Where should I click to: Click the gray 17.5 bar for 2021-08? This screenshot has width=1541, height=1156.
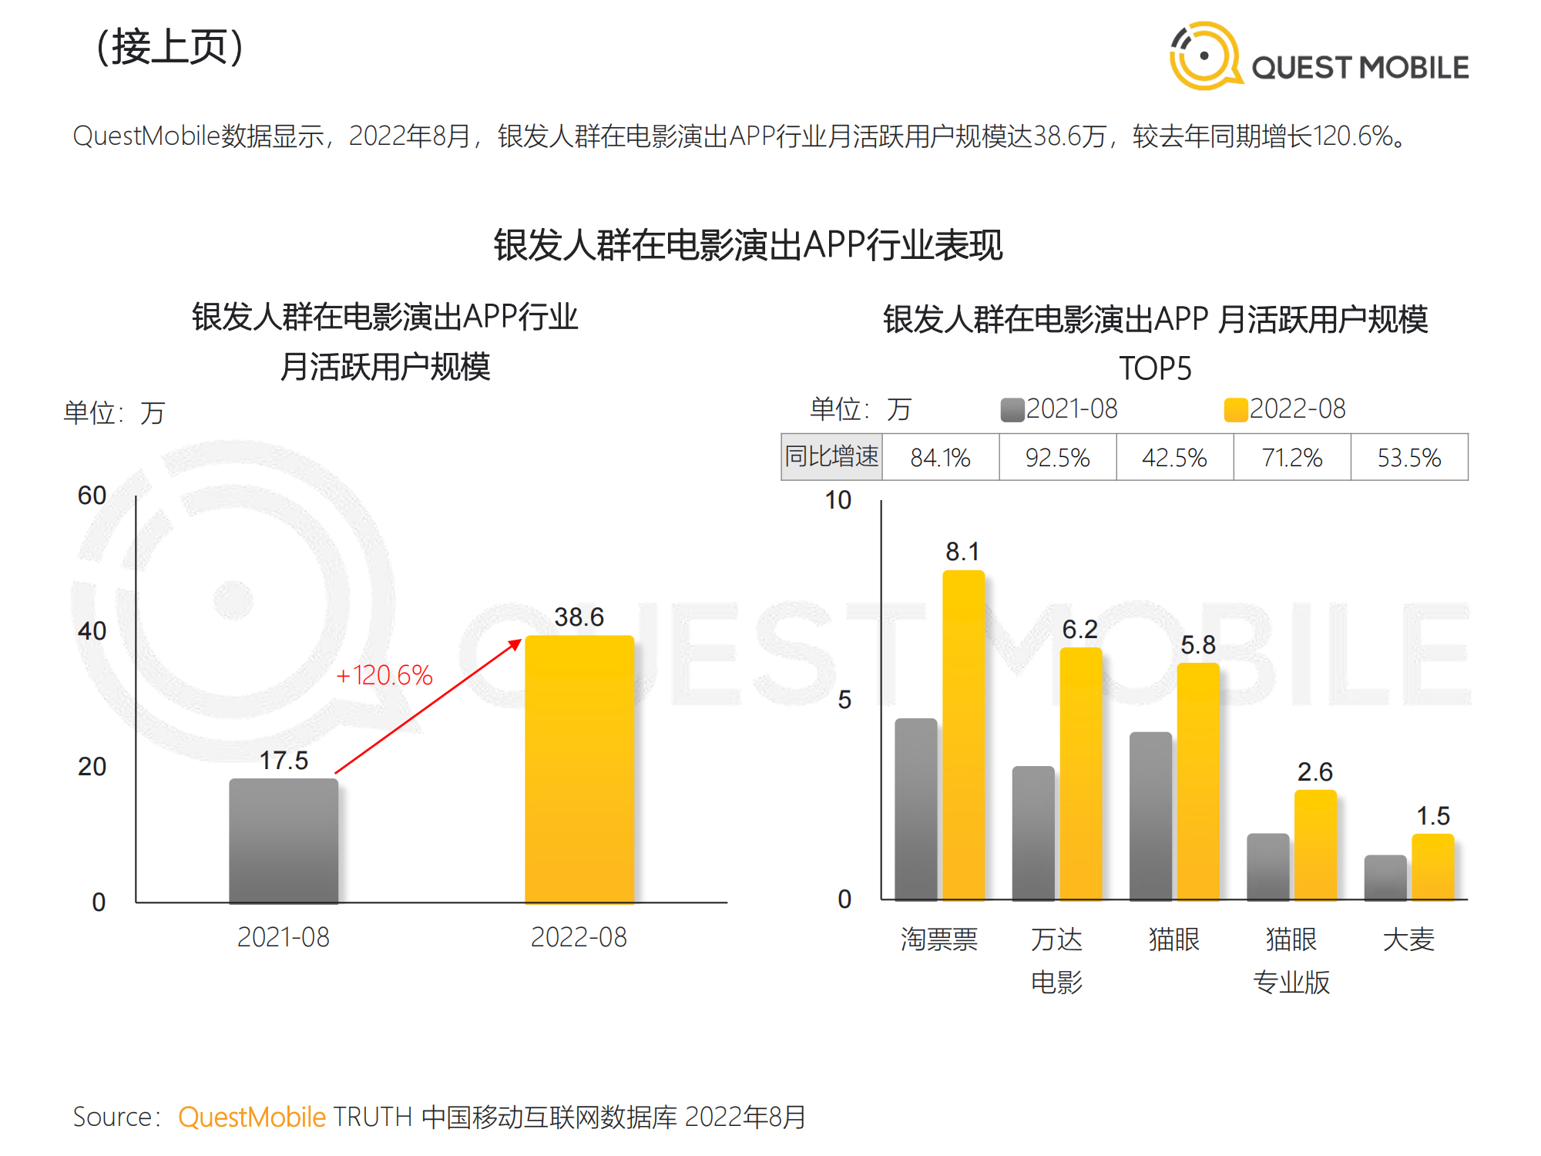pyautogui.click(x=284, y=840)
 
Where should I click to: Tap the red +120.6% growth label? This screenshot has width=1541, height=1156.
pyautogui.click(x=384, y=676)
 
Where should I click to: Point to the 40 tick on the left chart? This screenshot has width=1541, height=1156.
pyautogui.click(x=92, y=631)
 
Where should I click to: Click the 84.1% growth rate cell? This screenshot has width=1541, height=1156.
pyautogui.click(x=940, y=458)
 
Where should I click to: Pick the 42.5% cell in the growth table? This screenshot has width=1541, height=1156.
pyautogui.click(x=1174, y=458)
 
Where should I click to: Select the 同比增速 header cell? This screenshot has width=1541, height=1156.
pyautogui.click(x=831, y=457)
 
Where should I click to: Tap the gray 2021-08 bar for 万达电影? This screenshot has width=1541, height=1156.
pyautogui.click(x=1033, y=832)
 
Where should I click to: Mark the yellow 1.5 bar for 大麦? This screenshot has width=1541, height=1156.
pyautogui.click(x=1432, y=866)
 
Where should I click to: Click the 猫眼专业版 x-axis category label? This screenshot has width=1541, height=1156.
pyautogui.click(x=1291, y=960)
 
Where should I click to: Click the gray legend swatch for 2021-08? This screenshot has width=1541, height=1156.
pyautogui.click(x=1012, y=409)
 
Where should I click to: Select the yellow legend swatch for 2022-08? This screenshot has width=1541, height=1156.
pyautogui.click(x=1235, y=409)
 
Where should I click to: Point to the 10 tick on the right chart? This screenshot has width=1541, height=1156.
pyautogui.click(x=838, y=500)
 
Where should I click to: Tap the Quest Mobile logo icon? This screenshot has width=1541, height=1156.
pyautogui.click(x=1204, y=55)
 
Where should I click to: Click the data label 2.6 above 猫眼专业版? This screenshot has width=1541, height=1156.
pyautogui.click(x=1314, y=771)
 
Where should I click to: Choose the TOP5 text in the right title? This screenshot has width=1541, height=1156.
pyautogui.click(x=1155, y=368)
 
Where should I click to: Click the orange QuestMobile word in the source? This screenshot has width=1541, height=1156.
pyautogui.click(x=252, y=1117)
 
